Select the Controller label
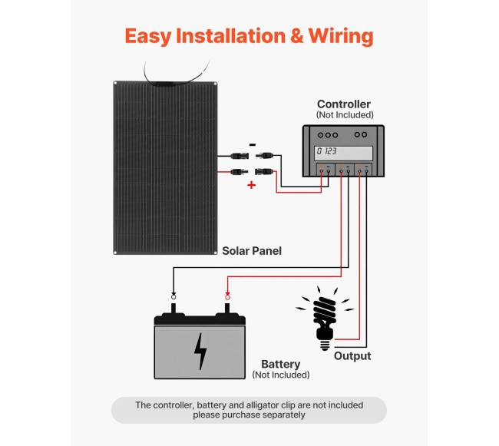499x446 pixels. tap(343, 104)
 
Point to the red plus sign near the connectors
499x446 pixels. tap(251, 185)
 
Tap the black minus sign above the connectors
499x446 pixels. tap(253, 144)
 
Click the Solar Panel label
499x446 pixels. tap(252, 251)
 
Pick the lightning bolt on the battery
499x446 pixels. tap(200, 351)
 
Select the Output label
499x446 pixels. tap(352, 356)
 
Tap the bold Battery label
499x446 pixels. tap(280, 364)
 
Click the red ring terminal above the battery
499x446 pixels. tap(227, 296)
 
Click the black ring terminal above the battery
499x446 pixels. tap(173, 296)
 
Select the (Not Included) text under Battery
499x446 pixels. tap(280, 375)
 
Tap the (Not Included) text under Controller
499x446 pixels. tap(343, 115)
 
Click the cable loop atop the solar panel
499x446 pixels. tap(177, 73)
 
